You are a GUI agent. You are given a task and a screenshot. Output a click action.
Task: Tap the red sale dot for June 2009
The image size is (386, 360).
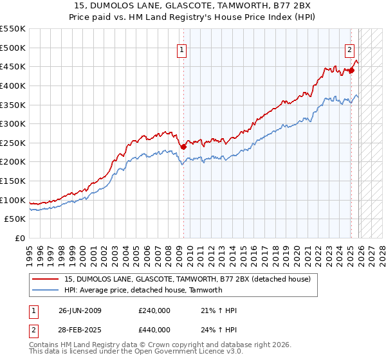pyautogui.click(x=183, y=147)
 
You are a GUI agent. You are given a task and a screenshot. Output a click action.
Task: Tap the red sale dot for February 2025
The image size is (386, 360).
pyautogui.click(x=351, y=70)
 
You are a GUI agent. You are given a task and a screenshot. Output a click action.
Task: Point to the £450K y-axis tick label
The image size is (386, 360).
pyautogui.click(x=13, y=66)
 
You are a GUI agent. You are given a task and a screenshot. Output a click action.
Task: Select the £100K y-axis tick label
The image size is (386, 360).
pyautogui.click(x=13, y=200)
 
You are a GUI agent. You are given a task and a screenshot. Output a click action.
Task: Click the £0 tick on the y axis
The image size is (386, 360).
pyautogui.click(x=21, y=238)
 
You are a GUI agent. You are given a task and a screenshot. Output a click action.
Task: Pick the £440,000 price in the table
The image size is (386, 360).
pyautogui.click(x=154, y=329)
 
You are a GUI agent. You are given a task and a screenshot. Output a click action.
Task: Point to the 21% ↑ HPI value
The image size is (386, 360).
pyautogui.click(x=216, y=310)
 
